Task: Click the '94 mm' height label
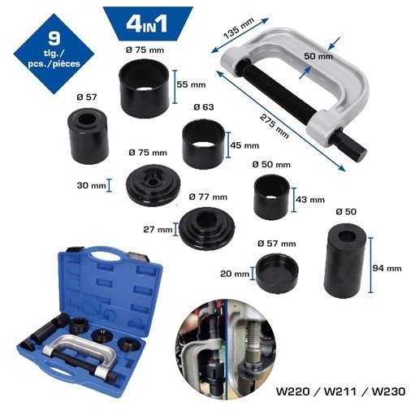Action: (388, 268)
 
